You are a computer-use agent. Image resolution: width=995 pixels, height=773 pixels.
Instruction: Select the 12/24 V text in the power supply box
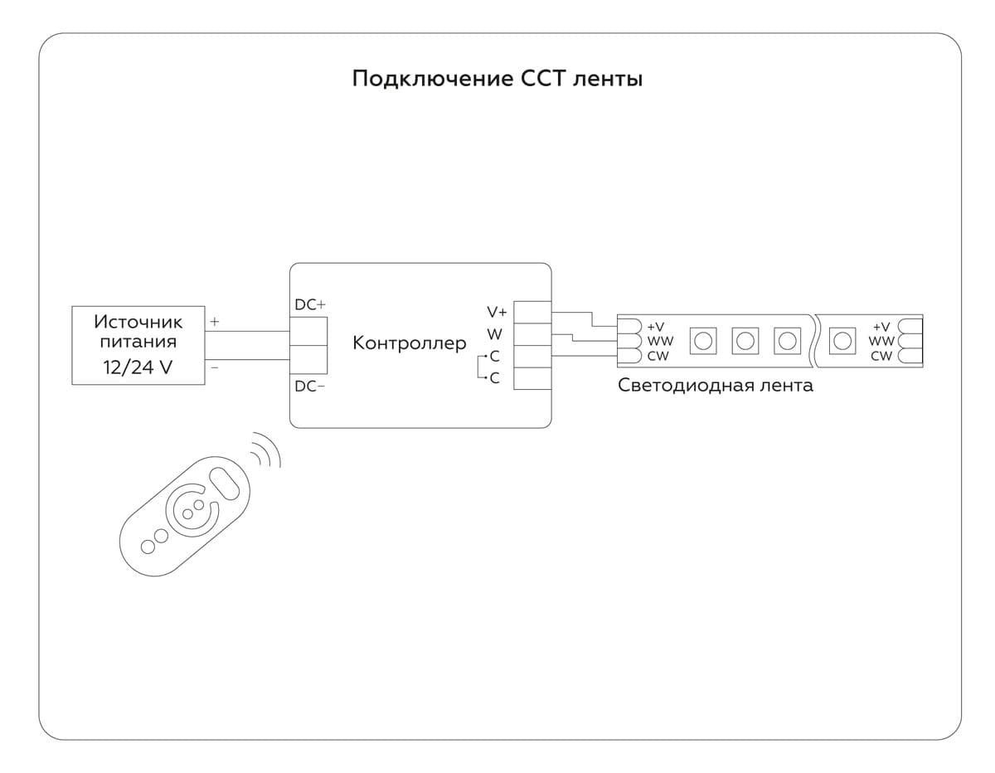pyautogui.click(x=138, y=367)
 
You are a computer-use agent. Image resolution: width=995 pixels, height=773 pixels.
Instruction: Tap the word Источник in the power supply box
pyautogui.click(x=138, y=321)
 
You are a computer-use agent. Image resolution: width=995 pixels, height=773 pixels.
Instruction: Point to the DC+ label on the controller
pyautogui.click(x=310, y=305)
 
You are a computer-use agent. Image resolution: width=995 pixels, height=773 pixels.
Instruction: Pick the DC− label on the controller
pyautogui.click(x=309, y=386)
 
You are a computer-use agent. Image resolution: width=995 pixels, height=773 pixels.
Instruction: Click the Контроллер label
pyautogui.click(x=410, y=343)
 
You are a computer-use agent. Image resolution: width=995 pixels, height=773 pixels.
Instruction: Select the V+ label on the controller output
pyautogui.click(x=497, y=312)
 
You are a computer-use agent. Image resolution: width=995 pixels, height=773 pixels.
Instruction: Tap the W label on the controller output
pyautogui.click(x=495, y=334)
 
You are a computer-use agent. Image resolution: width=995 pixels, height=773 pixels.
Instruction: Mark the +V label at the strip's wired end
pyautogui.click(x=656, y=327)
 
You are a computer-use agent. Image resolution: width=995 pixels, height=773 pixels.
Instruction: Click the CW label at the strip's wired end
pyautogui.click(x=658, y=356)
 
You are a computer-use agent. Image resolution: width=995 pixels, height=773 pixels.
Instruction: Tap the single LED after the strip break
pyautogui.click(x=842, y=339)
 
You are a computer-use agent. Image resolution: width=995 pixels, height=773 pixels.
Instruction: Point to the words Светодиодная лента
pyautogui.click(x=715, y=386)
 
